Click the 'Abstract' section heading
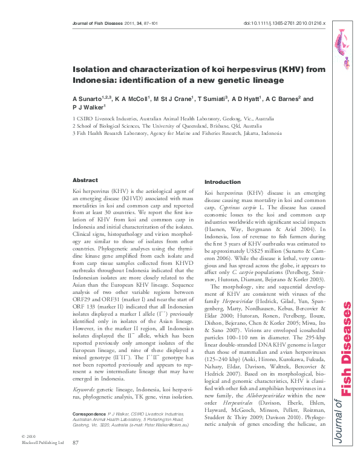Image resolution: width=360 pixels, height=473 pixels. pyautogui.click(x=85, y=180)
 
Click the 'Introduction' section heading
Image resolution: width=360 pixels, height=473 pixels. pyautogui.click(x=223, y=182)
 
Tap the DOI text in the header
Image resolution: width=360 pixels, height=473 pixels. pyautogui.click(x=284, y=23)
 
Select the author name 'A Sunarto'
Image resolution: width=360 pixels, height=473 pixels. pyautogui.click(x=86, y=99)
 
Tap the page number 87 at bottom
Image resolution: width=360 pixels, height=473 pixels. pyautogui.click(x=76, y=460)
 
